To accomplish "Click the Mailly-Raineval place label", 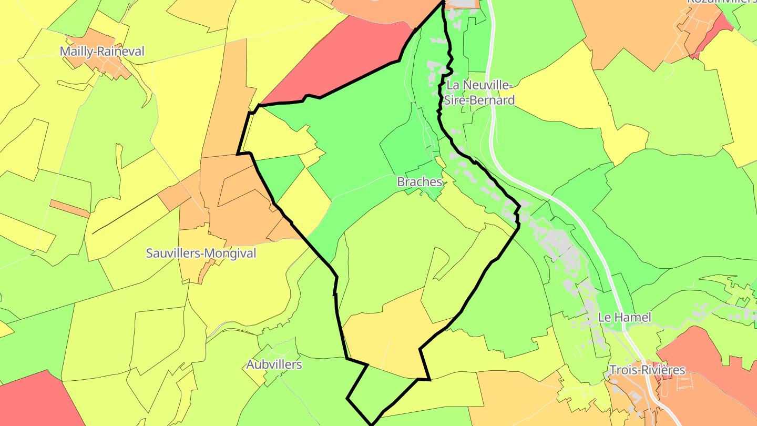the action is [102, 52].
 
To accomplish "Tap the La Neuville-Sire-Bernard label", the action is [478, 92].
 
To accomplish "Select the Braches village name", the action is [420, 182].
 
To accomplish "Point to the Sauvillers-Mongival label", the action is [201, 253].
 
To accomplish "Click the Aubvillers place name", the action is [274, 364].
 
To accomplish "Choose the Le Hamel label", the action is [625, 317].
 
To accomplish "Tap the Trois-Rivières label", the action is [647, 370].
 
